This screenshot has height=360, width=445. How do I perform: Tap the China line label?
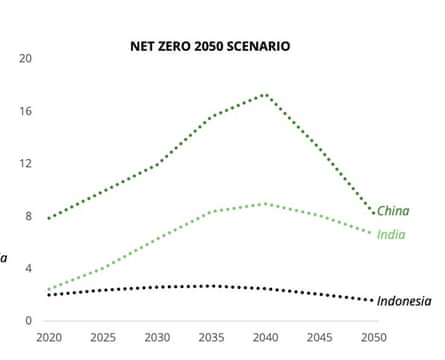click(393, 211)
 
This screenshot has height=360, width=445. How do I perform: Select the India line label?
click(391, 234)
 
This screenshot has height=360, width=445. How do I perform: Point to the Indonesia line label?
click(405, 301)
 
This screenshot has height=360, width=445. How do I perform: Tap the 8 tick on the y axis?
click(29, 216)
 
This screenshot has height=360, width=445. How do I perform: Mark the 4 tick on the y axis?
click(29, 268)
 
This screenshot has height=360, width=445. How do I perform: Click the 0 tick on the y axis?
click(29, 321)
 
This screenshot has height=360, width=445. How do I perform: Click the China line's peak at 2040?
click(264, 94)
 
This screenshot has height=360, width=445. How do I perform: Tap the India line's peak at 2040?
click(264, 203)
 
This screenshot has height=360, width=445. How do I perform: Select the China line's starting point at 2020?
click(47, 218)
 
